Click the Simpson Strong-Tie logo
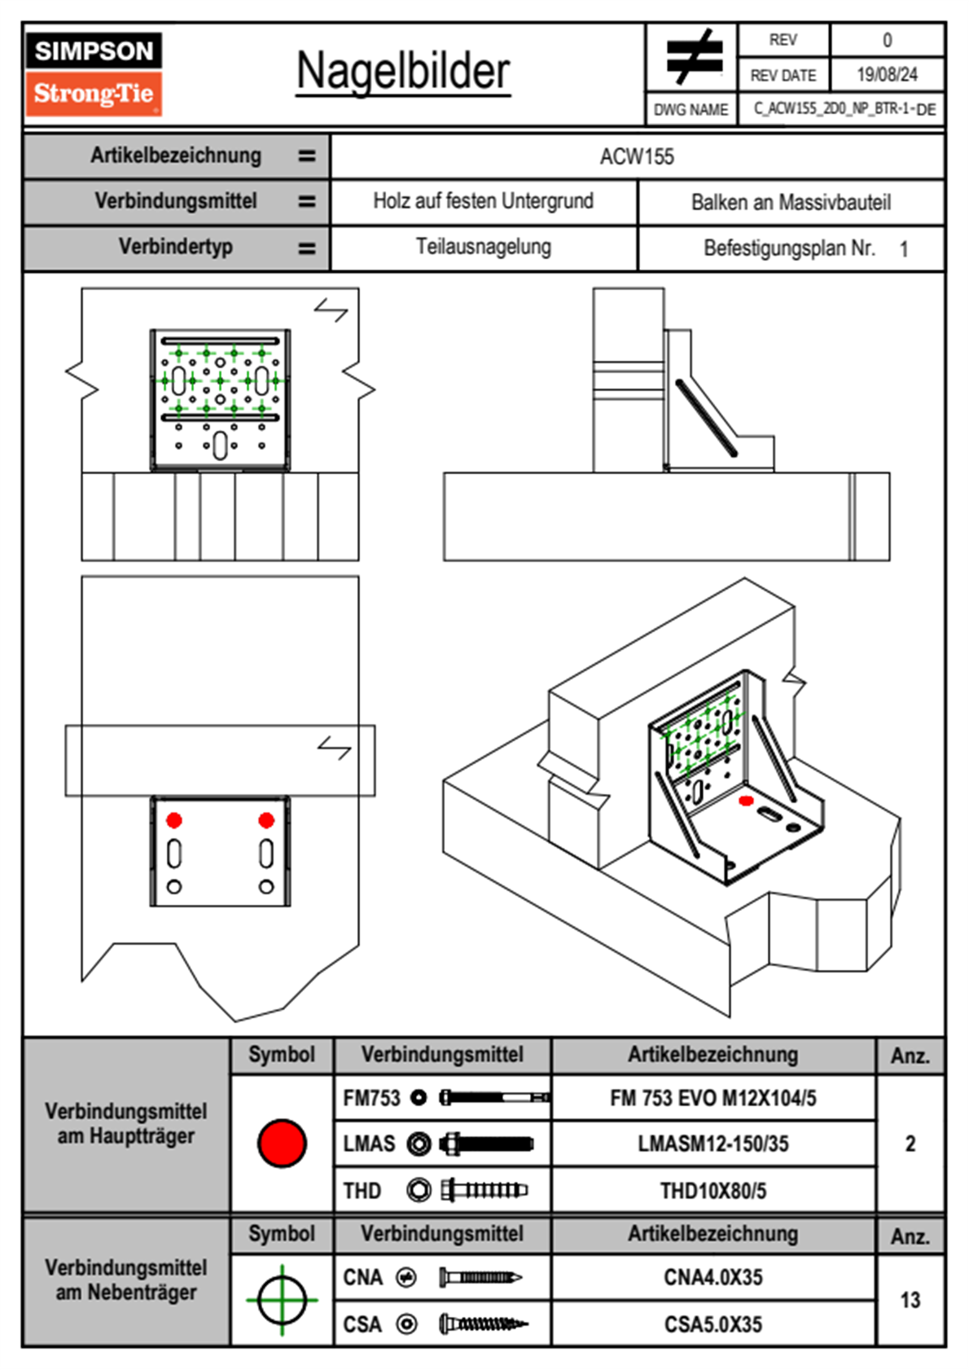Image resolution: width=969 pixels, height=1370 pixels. click(x=94, y=74)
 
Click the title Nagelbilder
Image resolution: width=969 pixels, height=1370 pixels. click(x=403, y=72)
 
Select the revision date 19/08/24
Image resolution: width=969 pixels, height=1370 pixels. click(x=887, y=75)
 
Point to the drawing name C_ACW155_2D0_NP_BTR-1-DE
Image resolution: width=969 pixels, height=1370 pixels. click(x=844, y=109)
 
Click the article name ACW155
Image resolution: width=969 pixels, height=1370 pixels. click(x=637, y=156)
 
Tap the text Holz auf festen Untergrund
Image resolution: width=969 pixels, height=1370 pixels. click(x=483, y=201)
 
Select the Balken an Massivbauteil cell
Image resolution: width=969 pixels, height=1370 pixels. click(x=791, y=202)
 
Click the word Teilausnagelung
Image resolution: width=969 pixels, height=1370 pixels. click(x=483, y=247)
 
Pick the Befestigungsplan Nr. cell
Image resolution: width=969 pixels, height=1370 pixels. click(x=791, y=248)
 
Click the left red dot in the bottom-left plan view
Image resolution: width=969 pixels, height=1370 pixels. click(x=174, y=820)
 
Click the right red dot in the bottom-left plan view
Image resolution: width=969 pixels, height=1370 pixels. click(x=266, y=820)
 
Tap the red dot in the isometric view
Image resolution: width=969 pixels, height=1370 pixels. click(x=746, y=801)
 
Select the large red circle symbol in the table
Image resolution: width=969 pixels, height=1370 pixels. click(x=282, y=1143)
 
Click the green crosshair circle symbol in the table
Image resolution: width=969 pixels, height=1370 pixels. click(x=282, y=1300)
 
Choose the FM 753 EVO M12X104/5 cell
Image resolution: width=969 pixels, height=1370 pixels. click(x=712, y=1098)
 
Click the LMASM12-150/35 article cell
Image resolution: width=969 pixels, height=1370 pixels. click(x=712, y=1144)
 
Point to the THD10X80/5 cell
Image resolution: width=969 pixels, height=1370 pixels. click(x=712, y=1191)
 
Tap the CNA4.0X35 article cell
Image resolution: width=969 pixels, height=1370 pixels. click(x=712, y=1277)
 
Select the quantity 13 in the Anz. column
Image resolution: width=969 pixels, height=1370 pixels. click(x=910, y=1300)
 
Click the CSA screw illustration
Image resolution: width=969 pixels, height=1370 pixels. click(x=483, y=1324)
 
